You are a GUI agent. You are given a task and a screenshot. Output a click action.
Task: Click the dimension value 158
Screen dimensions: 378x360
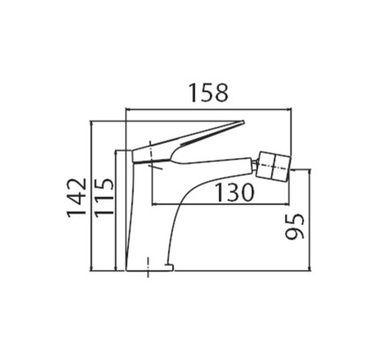click(208, 93)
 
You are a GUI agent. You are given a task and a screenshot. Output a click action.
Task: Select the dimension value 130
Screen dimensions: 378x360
click(235, 192)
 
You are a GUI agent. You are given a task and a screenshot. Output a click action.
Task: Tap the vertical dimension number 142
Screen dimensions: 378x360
click(77, 198)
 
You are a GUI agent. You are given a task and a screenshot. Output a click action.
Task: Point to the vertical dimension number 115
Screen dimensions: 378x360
click(103, 198)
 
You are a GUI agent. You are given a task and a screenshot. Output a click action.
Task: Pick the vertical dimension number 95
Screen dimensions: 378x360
click(294, 226)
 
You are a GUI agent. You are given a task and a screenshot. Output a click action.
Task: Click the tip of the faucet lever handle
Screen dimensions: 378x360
click(244, 121)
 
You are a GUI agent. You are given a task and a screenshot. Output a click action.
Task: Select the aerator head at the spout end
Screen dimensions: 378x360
click(274, 166)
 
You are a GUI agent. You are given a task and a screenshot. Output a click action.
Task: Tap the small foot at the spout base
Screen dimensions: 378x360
click(170, 266)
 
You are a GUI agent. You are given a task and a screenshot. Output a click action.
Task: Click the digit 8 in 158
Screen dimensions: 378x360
click(222, 93)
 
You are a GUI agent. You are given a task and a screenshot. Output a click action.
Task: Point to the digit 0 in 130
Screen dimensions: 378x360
click(247, 192)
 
